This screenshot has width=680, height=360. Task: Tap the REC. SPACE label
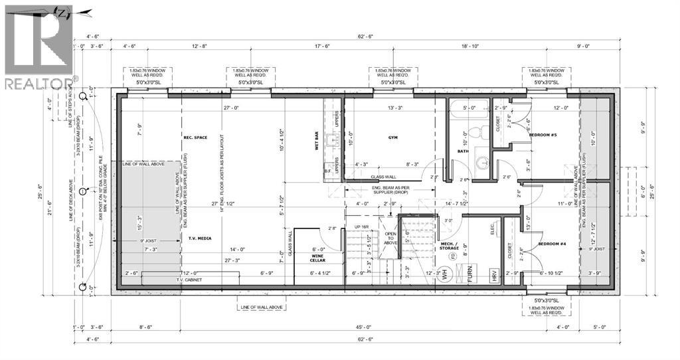(x=196, y=137)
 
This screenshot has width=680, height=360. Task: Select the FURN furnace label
(x=469, y=272)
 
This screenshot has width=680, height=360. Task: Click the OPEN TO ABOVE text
(x=390, y=237)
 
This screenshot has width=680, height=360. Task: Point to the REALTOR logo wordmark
(x=39, y=83)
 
